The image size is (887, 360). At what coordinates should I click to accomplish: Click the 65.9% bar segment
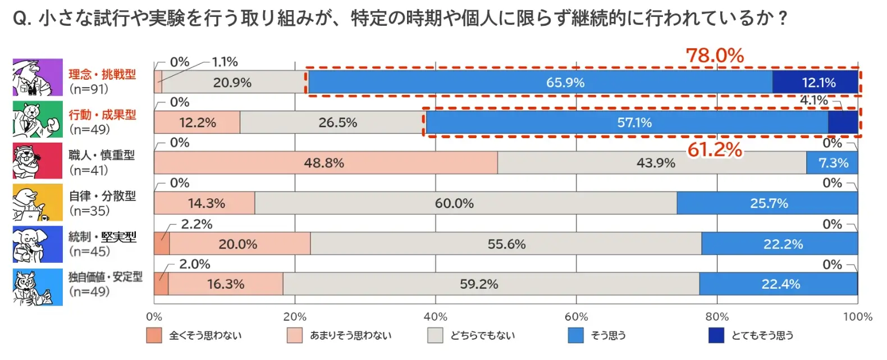pyautogui.click(x=541, y=82)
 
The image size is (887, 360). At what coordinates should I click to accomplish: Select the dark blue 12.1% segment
pyautogui.click(x=815, y=82)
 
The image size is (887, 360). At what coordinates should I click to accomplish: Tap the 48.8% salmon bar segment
pyautogui.click(x=326, y=162)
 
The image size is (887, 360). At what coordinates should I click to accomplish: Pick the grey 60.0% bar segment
pyautogui.click(x=466, y=203)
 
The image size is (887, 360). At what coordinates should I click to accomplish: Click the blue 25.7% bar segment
pyautogui.click(x=767, y=203)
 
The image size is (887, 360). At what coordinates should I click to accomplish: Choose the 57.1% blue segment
pyautogui.click(x=627, y=122)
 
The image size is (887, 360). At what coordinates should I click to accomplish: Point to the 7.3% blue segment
pyautogui.click(x=833, y=162)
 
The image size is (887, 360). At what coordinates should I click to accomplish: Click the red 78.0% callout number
pyautogui.click(x=715, y=56)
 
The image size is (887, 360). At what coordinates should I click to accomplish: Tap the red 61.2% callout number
pyautogui.click(x=715, y=150)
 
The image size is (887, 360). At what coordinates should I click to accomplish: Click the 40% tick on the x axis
pyautogui.click(x=436, y=317)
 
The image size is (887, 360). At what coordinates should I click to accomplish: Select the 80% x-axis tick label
pyautogui.click(x=717, y=317)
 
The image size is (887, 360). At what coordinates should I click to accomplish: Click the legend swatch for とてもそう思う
pyautogui.click(x=716, y=335)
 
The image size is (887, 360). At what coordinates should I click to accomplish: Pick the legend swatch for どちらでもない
pyautogui.click(x=435, y=335)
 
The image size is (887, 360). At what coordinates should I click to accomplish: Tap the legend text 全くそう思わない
pyautogui.click(x=205, y=335)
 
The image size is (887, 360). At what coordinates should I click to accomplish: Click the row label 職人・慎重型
pyautogui.click(x=102, y=155)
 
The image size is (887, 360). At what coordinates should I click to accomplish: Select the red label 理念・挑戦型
pyautogui.click(x=102, y=74)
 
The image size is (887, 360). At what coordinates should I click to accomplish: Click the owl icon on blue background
pyautogui.click(x=38, y=287)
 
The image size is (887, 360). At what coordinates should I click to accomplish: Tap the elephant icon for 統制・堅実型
pyautogui.click(x=38, y=244)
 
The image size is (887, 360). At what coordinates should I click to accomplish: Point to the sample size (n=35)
pyautogui.click(x=89, y=211)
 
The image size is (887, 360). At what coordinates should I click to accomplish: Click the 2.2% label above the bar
pyautogui.click(x=197, y=224)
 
